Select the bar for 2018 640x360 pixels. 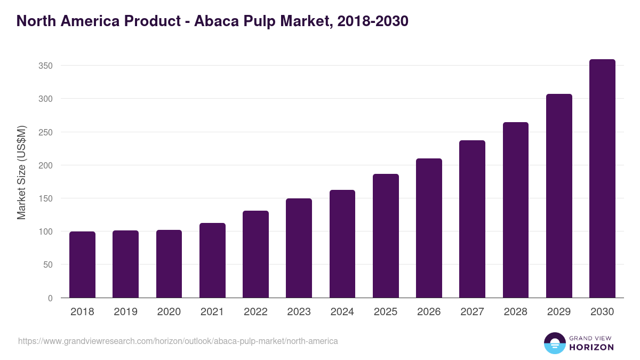[x=82, y=265]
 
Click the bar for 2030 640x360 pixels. [x=602, y=179]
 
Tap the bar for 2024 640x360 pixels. [x=342, y=244]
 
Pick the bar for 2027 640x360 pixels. [x=472, y=219]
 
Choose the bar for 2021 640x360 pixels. [x=212, y=260]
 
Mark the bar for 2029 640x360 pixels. [x=559, y=196]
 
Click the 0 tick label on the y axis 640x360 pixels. [x=50, y=298]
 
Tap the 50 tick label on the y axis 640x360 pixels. [x=48, y=265]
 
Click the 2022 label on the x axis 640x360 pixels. [x=255, y=312]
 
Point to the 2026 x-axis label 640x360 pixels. [x=429, y=312]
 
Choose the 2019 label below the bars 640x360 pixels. [x=125, y=312]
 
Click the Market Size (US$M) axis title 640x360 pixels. [x=21, y=172]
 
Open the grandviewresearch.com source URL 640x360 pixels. [x=178, y=341]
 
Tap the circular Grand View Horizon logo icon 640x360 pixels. [x=554, y=343]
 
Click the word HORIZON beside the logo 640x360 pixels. [x=591, y=347]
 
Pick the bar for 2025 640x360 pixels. [x=386, y=236]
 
